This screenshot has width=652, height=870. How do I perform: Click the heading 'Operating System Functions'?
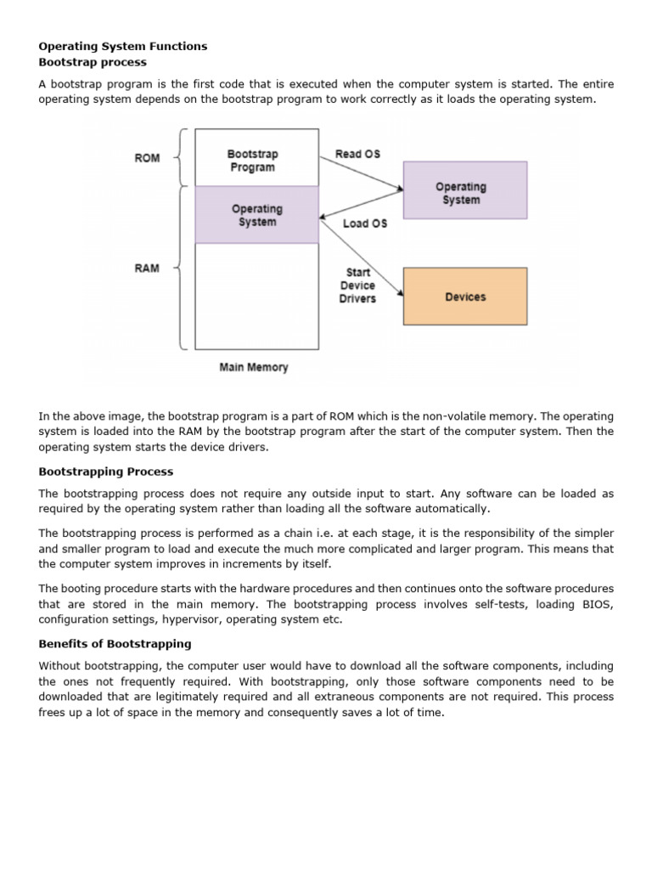[x=123, y=47]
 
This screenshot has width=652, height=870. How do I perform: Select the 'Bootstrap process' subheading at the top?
[x=93, y=62]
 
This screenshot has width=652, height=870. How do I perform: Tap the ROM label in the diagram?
[x=147, y=158]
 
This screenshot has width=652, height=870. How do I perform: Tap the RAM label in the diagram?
[x=147, y=268]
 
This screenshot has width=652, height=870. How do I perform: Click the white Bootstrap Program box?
[x=257, y=159]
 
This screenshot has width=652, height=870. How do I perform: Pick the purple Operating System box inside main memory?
[x=257, y=215]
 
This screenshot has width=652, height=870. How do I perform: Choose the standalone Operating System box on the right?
[x=464, y=193]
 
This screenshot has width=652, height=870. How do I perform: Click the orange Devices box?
[x=464, y=297]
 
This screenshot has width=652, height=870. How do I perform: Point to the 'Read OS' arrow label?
[x=358, y=154]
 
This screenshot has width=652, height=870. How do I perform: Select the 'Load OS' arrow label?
[x=365, y=223]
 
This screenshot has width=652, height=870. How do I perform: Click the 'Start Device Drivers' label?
[x=357, y=286]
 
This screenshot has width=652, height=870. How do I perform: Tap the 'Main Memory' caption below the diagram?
[x=254, y=368]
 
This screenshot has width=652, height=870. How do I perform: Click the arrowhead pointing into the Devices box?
[x=400, y=293]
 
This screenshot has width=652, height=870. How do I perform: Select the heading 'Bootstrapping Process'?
[x=105, y=472]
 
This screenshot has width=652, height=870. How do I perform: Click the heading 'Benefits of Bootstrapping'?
[x=115, y=644]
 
